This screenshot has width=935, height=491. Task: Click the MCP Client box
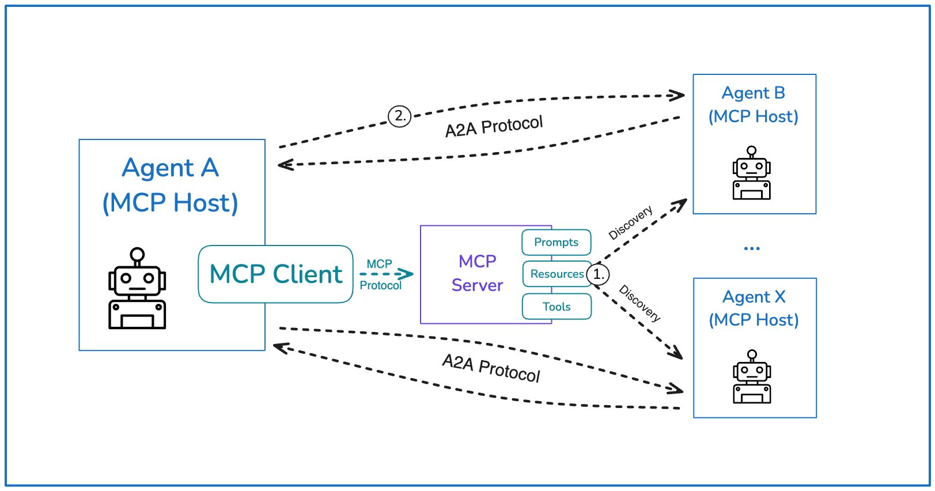tap(275, 274)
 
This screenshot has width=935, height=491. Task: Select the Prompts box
tap(556, 242)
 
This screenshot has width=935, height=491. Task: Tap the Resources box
tap(557, 274)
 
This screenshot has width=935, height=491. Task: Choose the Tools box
tap(557, 307)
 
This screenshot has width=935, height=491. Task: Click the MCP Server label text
tap(477, 273)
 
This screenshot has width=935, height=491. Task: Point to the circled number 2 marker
tap(399, 116)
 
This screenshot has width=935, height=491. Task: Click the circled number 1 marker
tap(599, 274)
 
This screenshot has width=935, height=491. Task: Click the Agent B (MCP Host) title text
tap(753, 105)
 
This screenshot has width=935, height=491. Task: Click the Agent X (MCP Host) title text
tap(754, 308)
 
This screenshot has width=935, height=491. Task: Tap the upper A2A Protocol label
tap(494, 126)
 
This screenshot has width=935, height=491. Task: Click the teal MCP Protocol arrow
tap(387, 274)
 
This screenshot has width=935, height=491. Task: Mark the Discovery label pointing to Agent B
tap(630, 222)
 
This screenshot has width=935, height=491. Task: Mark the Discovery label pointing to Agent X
tap(639, 303)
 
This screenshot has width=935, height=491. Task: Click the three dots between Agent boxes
tap(752, 248)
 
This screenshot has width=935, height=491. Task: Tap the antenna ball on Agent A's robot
tap(137, 254)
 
